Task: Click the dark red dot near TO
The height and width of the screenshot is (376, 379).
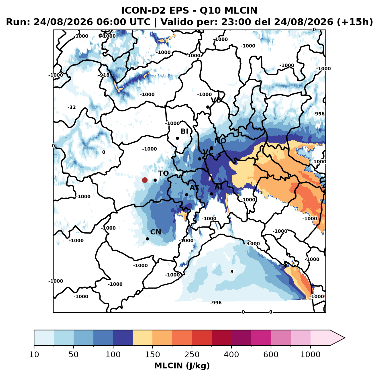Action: (x=145, y=180)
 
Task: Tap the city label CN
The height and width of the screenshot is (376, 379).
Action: (x=155, y=232)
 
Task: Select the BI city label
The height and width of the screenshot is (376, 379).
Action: (x=184, y=131)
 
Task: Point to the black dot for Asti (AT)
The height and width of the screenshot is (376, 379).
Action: (x=186, y=195)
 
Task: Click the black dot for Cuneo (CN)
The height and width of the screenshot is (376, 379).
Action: (x=147, y=239)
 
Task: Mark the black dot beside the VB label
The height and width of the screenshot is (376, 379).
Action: (x=208, y=107)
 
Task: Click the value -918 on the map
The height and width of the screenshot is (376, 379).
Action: (x=104, y=75)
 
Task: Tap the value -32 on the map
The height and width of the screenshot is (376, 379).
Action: (x=71, y=107)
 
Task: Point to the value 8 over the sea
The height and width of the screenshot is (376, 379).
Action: (x=232, y=272)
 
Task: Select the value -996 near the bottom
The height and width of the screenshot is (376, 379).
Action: (x=216, y=303)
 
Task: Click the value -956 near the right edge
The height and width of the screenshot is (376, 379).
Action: (x=319, y=114)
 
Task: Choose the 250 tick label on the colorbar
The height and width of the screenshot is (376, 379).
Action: (x=192, y=354)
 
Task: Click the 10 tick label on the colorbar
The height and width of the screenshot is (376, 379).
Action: (x=34, y=354)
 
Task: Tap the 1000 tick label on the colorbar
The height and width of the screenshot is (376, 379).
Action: (x=310, y=354)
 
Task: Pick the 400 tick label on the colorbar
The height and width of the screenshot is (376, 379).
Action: (x=231, y=354)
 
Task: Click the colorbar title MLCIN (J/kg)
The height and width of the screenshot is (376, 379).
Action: (x=182, y=366)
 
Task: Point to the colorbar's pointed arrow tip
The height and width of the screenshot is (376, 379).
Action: (x=345, y=338)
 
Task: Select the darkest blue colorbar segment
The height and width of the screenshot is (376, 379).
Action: (x=123, y=338)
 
